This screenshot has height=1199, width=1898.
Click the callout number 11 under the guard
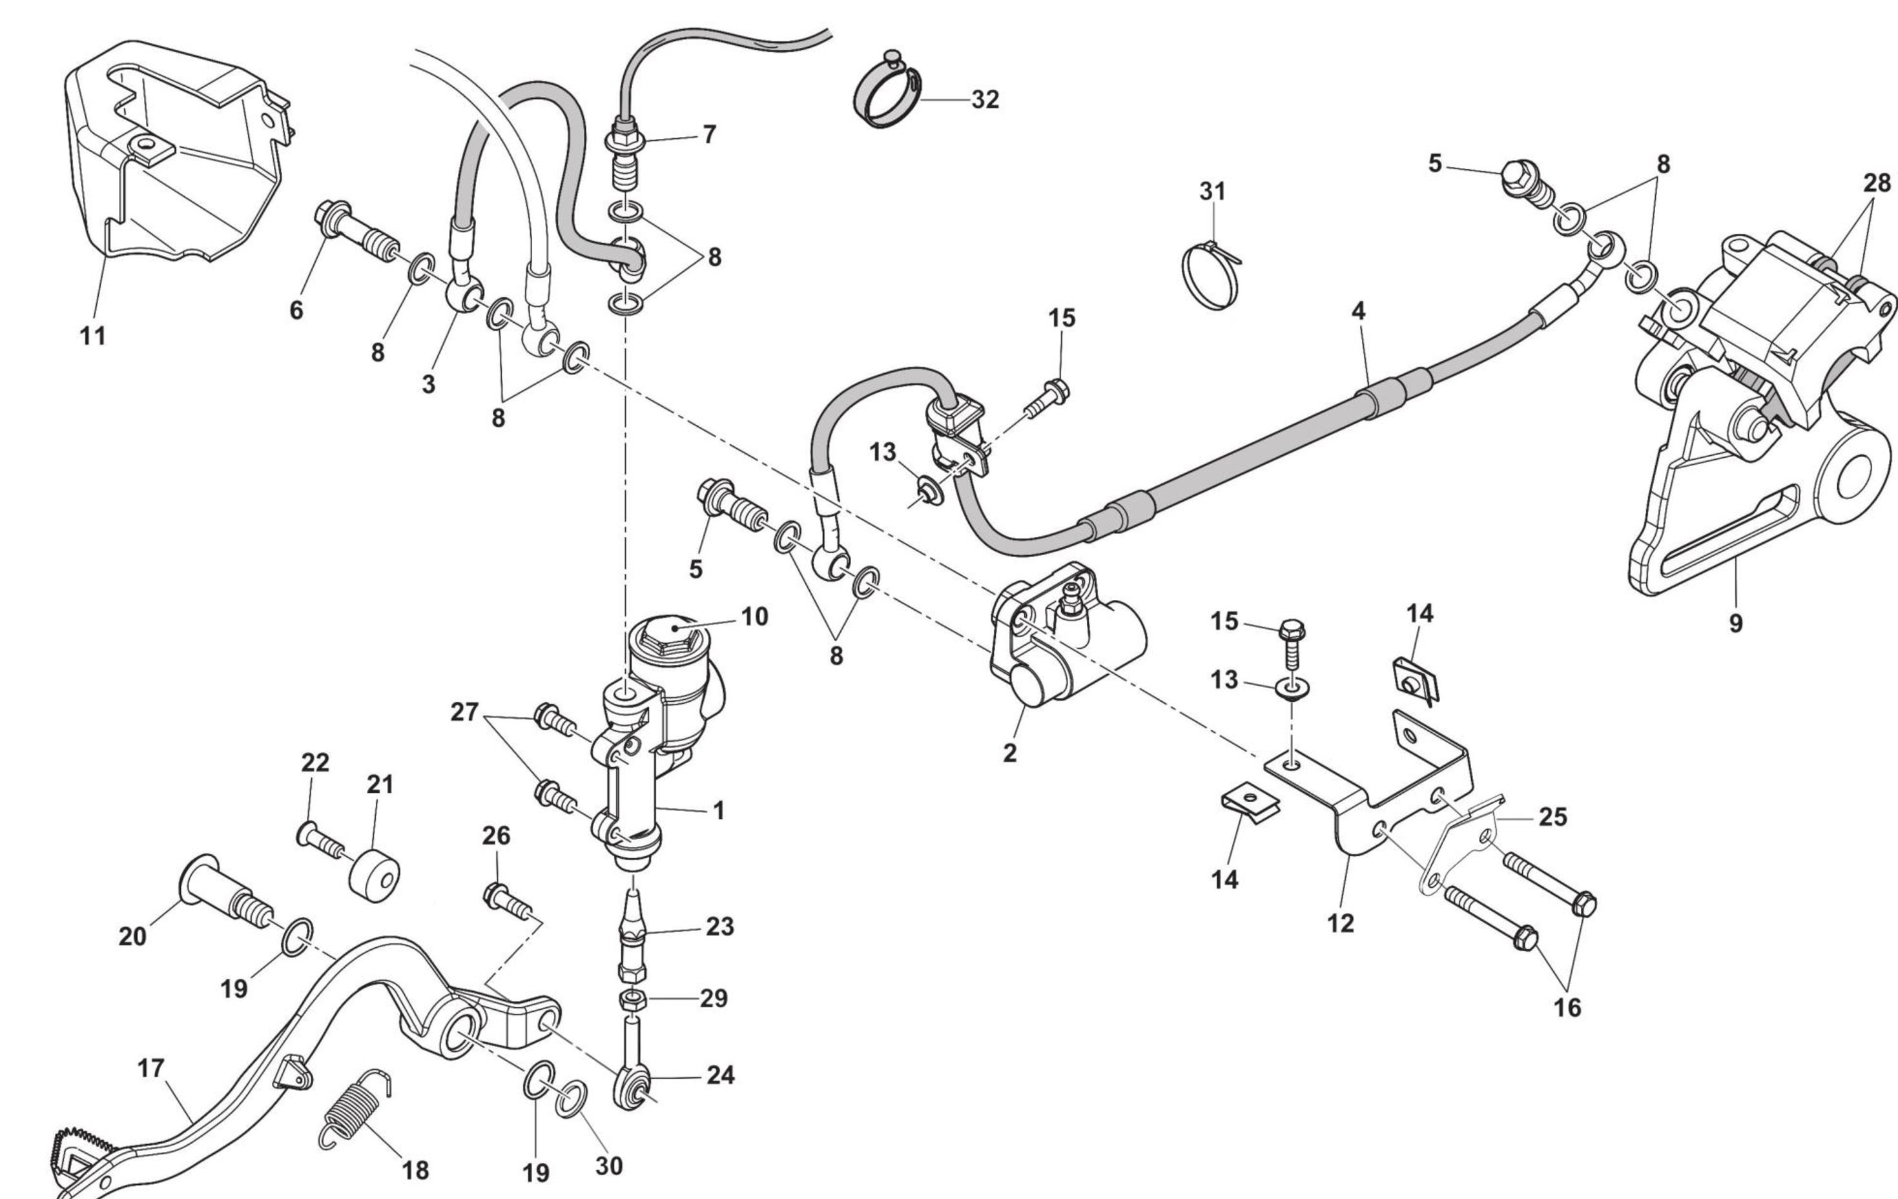(92, 336)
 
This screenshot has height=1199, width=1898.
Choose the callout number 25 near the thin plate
(1552, 817)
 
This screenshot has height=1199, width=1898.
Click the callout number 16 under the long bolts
(1567, 1007)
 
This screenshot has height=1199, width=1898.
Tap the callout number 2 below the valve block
(1009, 753)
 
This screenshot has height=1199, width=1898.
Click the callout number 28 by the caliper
(1877, 183)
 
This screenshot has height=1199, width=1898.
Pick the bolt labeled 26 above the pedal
(504, 900)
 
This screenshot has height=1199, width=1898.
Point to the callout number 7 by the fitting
(708, 135)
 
